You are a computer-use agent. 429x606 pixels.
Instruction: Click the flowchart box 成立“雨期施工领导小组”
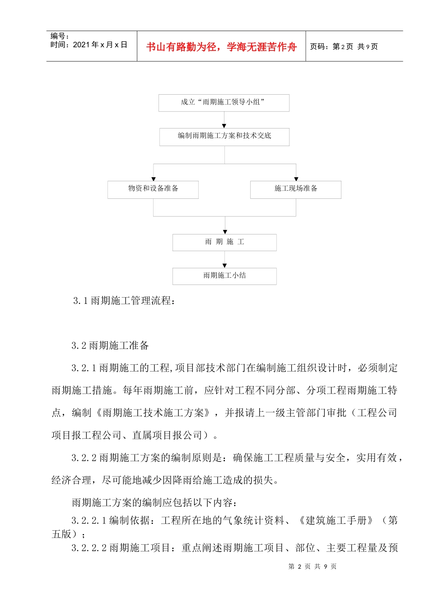[224, 103]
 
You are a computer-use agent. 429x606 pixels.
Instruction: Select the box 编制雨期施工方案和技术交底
[224, 137]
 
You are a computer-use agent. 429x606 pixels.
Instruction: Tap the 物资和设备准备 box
[153, 189]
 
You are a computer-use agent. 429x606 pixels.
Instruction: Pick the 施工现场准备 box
[296, 189]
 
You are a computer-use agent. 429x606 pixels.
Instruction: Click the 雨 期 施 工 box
[224, 243]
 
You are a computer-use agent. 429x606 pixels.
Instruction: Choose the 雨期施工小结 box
[224, 276]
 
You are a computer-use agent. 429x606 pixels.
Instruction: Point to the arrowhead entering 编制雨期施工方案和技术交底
[224, 126]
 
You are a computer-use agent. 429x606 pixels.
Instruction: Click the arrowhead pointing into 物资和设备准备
[154, 179]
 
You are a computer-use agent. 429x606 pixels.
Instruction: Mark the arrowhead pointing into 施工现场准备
[296, 179]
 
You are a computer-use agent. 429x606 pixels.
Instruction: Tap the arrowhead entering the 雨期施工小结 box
[224, 266]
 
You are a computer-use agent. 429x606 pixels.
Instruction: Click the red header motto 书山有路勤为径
[221, 47]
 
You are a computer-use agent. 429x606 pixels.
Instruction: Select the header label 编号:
[60, 36]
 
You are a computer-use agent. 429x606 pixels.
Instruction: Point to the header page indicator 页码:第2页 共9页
[344, 46]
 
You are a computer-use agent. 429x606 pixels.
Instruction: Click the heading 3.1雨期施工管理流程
[124, 301]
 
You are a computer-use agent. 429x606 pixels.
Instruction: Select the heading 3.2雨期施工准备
[110, 346]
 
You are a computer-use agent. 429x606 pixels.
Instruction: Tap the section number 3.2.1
[84, 368]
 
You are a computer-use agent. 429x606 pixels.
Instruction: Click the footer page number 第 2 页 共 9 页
[312, 566]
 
